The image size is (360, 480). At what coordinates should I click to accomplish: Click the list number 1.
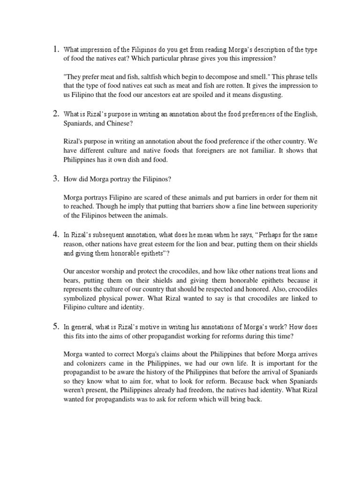coord(55,49)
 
